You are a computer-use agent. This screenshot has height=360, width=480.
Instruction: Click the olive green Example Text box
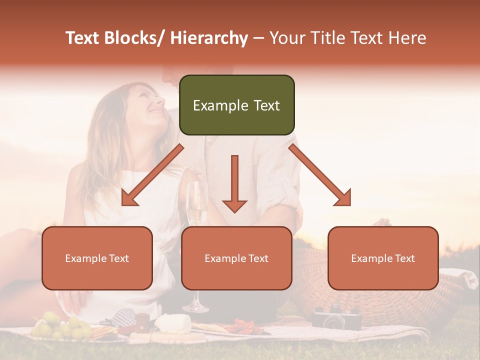tap(236, 105)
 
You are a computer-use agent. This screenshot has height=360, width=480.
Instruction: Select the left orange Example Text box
tap(97, 258)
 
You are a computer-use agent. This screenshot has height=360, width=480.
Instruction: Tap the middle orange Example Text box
tap(236, 258)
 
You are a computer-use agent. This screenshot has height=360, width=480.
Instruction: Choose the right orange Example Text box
tap(383, 258)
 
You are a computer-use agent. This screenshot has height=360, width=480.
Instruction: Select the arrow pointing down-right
tap(320, 175)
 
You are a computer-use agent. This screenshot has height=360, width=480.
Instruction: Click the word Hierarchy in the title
tap(209, 38)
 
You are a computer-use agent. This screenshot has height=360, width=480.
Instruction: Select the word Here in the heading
tap(406, 38)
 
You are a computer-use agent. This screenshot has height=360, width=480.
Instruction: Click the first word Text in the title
tap(82, 38)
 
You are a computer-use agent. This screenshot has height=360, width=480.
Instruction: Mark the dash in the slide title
tap(258, 38)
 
